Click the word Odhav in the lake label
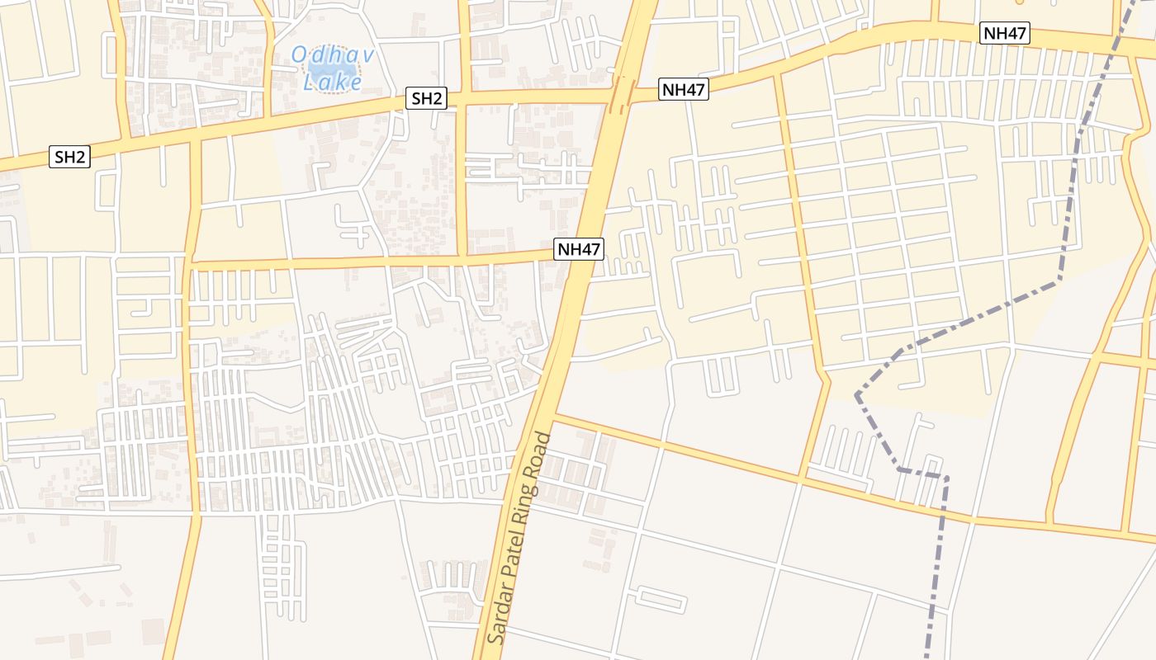click(333, 56)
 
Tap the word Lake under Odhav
click(333, 82)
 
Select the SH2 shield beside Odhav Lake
click(427, 99)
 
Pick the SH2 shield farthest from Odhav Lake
click(70, 157)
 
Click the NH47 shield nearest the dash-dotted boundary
click(1003, 34)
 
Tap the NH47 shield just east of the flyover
click(684, 90)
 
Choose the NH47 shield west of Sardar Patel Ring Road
click(579, 249)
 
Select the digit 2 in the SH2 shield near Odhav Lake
click(438, 99)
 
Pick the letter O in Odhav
click(299, 56)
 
